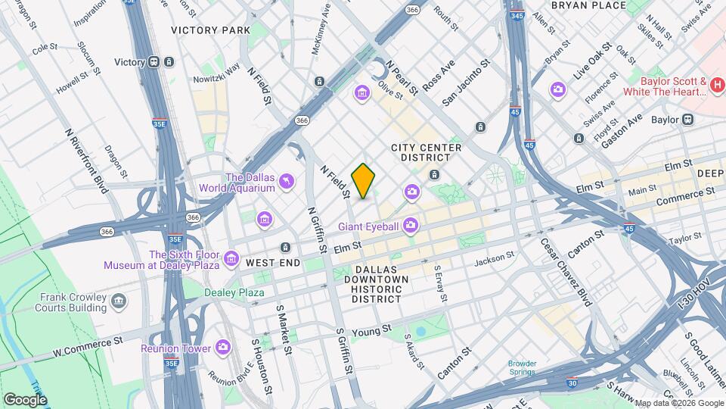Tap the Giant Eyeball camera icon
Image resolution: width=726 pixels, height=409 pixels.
pyautogui.click(x=411, y=224)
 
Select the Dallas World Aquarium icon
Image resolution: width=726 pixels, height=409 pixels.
pyautogui.click(x=287, y=180)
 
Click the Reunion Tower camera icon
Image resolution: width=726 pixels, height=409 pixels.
pyautogui.click(x=223, y=348)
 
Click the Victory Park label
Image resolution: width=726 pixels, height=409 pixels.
pyautogui.click(x=210, y=30)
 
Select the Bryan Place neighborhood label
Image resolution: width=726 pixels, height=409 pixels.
pyautogui.click(x=588, y=5)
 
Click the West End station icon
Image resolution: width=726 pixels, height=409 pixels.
pyautogui.click(x=285, y=248)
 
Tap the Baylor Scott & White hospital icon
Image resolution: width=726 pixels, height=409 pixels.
pyautogui.click(x=717, y=86)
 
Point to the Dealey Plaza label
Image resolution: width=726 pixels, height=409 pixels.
pyautogui.click(x=234, y=292)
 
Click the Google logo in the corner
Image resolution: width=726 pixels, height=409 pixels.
pyautogui.click(x=25, y=399)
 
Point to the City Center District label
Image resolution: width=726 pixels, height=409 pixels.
pyautogui.click(x=420, y=152)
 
